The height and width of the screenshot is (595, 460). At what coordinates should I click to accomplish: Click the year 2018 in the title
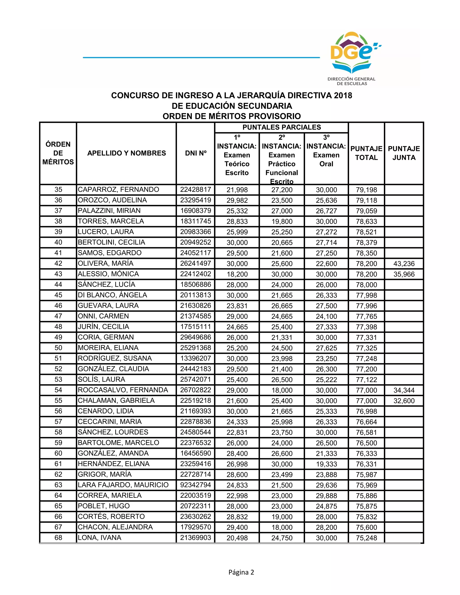[x=343, y=95]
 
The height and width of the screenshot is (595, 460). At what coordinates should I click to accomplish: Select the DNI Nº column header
[x=196, y=153]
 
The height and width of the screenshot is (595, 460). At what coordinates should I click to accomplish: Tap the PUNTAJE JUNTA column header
[x=404, y=153]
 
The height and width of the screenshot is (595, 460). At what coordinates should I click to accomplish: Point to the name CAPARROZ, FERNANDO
[x=118, y=190]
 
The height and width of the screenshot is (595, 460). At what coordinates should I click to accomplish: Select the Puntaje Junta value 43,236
[x=404, y=264]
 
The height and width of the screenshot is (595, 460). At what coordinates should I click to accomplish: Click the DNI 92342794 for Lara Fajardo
[x=195, y=485]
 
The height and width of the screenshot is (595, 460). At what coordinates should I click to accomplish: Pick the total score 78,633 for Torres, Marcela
[x=366, y=221]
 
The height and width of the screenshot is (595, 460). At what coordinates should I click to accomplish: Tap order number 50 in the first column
[x=58, y=348]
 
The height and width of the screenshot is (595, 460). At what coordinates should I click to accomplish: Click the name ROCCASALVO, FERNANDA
[x=123, y=390]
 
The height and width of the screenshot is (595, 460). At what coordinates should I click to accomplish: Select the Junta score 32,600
[x=404, y=401]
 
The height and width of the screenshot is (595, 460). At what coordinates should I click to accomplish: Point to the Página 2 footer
[x=241, y=572]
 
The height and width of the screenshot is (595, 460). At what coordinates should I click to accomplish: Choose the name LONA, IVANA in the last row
[x=100, y=538]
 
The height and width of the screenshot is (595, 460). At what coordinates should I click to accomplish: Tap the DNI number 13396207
[x=195, y=359]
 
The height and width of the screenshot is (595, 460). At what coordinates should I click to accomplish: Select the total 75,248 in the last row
[x=366, y=538]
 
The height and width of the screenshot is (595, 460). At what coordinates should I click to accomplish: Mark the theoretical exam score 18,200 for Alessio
[x=237, y=274]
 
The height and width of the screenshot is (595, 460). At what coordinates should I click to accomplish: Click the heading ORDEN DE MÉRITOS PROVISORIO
[x=232, y=116]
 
